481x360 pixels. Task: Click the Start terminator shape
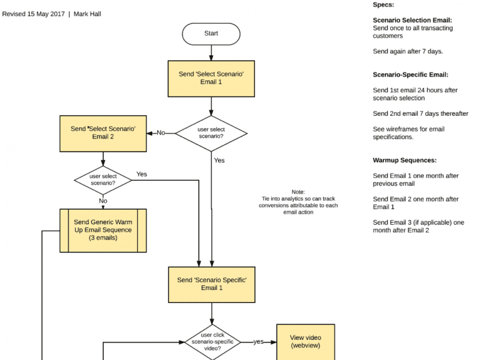(x=211, y=34)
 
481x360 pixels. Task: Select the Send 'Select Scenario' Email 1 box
(x=211, y=78)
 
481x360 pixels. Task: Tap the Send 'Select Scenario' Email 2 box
(x=103, y=133)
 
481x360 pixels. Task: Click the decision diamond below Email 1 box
(x=211, y=133)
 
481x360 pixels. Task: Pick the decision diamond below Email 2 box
(x=103, y=180)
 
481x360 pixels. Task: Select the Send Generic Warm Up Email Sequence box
(x=103, y=230)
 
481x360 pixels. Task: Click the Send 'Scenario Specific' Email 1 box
(x=211, y=284)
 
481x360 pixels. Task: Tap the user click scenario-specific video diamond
(x=212, y=342)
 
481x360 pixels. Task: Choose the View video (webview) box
(x=306, y=342)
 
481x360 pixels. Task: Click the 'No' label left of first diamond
(x=161, y=133)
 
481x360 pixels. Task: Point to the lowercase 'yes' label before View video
(x=258, y=342)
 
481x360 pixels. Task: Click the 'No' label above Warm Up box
(x=103, y=201)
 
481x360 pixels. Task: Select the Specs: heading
(x=383, y=5)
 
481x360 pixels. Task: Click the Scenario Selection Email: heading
(x=412, y=21)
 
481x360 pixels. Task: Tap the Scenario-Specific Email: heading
(x=410, y=75)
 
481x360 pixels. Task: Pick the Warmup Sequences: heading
(x=405, y=160)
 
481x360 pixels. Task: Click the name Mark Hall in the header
(x=87, y=14)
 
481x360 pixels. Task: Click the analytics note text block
(x=298, y=202)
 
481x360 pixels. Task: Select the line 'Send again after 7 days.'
(x=408, y=51)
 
